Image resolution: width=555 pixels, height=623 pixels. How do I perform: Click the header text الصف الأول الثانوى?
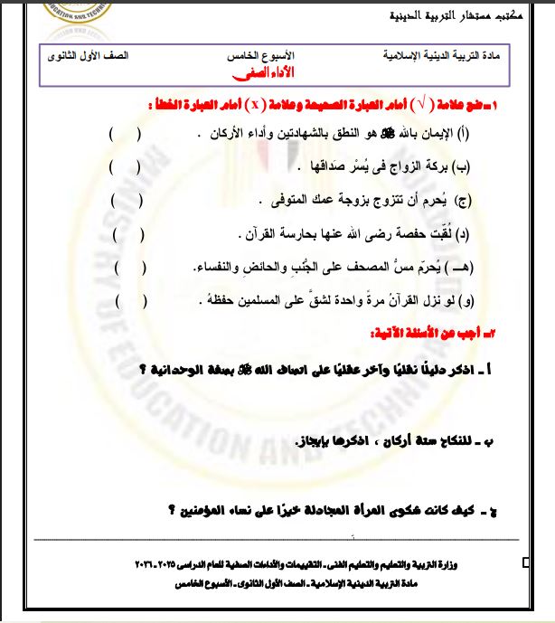88,56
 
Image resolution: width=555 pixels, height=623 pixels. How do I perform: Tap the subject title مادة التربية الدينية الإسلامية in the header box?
447,56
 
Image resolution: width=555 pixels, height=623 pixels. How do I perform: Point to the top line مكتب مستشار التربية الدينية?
450,16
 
